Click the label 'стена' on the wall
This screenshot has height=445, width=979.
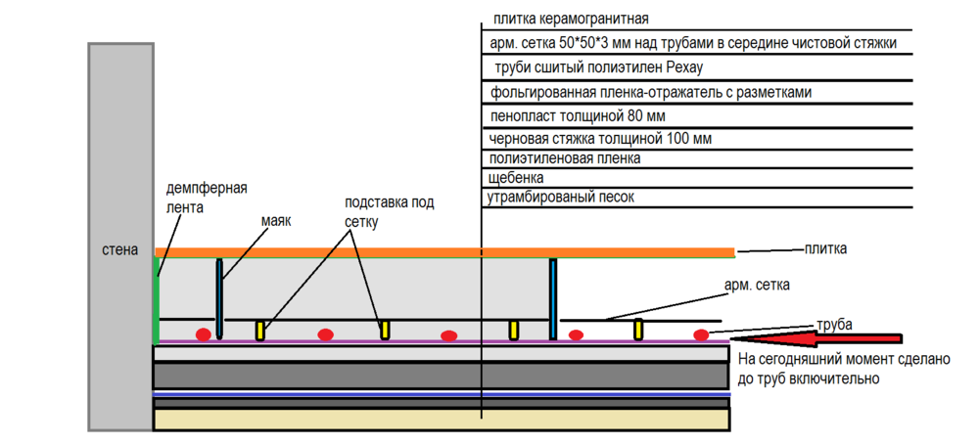[119, 250]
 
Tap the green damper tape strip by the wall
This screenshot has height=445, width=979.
[157, 294]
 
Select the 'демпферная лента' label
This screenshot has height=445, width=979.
[207, 198]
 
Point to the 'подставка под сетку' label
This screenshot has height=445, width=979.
[389, 212]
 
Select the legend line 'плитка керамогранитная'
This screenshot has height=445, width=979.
[572, 19]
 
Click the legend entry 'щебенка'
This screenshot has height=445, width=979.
[516, 178]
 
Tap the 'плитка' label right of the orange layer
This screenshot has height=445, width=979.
[825, 249]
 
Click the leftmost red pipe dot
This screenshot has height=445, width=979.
[204, 334]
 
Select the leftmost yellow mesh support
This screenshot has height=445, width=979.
[261, 331]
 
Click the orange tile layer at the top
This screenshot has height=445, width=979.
[441, 252]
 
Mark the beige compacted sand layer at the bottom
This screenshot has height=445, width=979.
[441, 419]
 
